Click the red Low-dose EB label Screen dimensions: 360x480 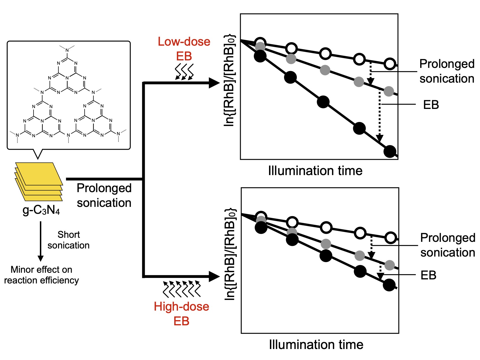(x=184, y=49)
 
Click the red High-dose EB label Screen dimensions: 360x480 (x=181, y=314)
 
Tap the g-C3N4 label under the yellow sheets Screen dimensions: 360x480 (x=41, y=210)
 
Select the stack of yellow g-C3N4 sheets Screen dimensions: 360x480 (x=39, y=181)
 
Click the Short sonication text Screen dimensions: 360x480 (x=68, y=240)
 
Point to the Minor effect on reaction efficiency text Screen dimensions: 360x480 (x=41, y=275)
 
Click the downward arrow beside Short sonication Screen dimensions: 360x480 (x=41, y=241)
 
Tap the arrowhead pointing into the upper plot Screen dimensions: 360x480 (x=215, y=83)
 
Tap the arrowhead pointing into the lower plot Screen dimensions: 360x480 (x=215, y=277)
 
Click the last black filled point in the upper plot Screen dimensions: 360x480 (x=390, y=151)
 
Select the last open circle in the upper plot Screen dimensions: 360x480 (x=390, y=64)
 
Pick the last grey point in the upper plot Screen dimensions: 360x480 (x=389, y=91)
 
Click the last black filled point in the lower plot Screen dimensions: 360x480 (x=389, y=285)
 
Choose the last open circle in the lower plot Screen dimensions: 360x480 (x=391, y=238)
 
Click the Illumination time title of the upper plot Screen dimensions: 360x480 (x=315, y=170)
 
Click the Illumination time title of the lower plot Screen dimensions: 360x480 (x=316, y=344)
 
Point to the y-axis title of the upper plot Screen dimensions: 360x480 (x=229, y=81)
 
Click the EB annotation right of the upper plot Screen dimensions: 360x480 (x=431, y=105)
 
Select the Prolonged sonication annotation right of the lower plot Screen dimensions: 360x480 (x=448, y=245)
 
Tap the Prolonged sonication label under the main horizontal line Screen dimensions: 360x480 (x=104, y=195)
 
